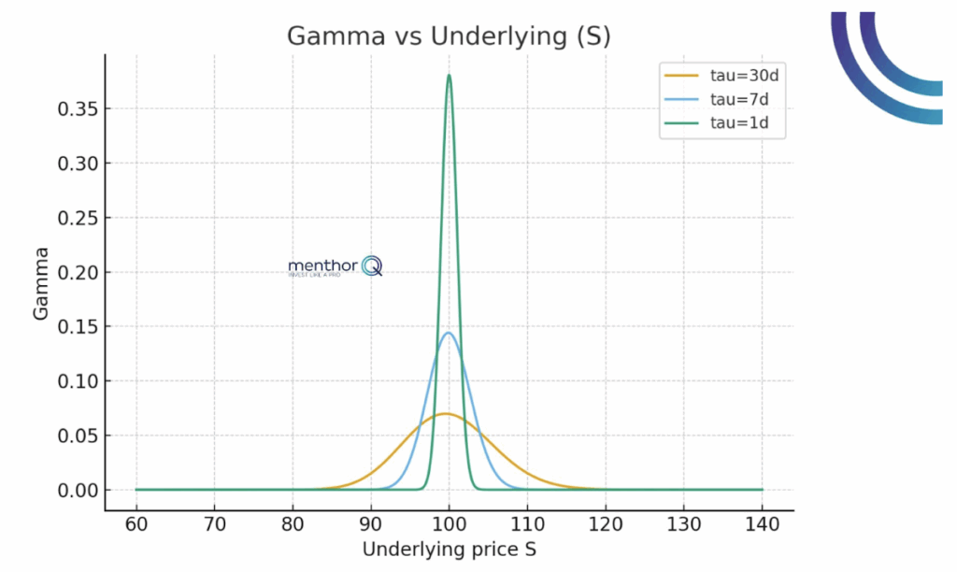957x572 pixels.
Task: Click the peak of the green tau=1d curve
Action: (450, 76)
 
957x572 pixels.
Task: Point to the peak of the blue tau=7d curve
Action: (449, 333)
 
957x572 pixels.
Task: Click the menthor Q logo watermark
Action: (335, 267)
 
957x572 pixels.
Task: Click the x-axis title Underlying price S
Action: (449, 550)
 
